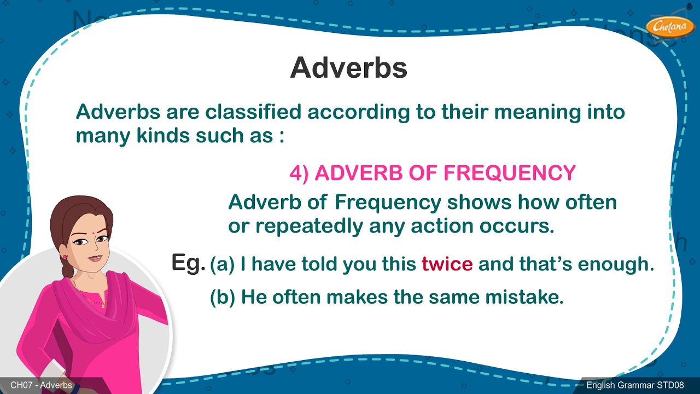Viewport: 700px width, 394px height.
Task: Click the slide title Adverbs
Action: (x=348, y=68)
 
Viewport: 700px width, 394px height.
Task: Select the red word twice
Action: (x=447, y=265)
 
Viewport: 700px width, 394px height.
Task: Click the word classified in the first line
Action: (x=253, y=112)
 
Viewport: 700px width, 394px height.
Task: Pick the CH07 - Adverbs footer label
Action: (x=41, y=385)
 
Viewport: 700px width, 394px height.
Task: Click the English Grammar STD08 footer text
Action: (x=635, y=385)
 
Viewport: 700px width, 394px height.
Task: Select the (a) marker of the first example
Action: (x=222, y=265)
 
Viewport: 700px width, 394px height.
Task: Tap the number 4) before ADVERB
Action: (x=299, y=173)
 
